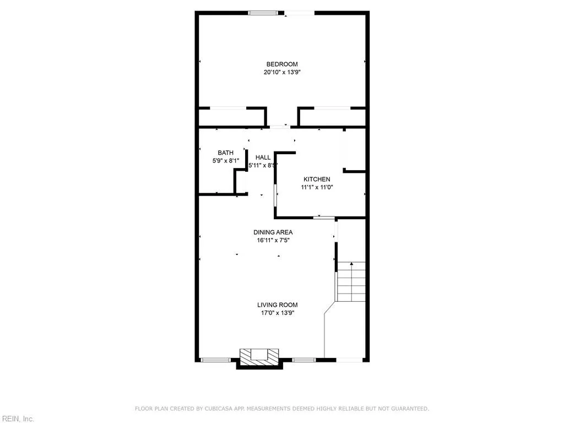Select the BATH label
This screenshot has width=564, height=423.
(x=225, y=153)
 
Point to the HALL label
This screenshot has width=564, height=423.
(x=263, y=158)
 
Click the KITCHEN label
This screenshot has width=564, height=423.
(x=317, y=180)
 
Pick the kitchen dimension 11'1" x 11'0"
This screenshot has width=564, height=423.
(x=317, y=187)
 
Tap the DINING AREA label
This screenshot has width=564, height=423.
(x=273, y=232)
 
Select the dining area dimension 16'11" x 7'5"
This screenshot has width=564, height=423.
(x=273, y=240)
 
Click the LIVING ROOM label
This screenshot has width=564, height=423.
(x=277, y=305)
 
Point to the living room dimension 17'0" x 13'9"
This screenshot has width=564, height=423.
(x=277, y=313)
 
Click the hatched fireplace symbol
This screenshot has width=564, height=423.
(x=259, y=355)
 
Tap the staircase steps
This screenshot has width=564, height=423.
(x=351, y=281)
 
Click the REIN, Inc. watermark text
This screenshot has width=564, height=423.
(x=17, y=419)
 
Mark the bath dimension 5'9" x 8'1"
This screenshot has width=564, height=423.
(x=225, y=161)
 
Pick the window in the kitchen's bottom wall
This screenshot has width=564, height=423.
(x=323, y=218)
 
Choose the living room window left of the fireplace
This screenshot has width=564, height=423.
(x=215, y=360)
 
